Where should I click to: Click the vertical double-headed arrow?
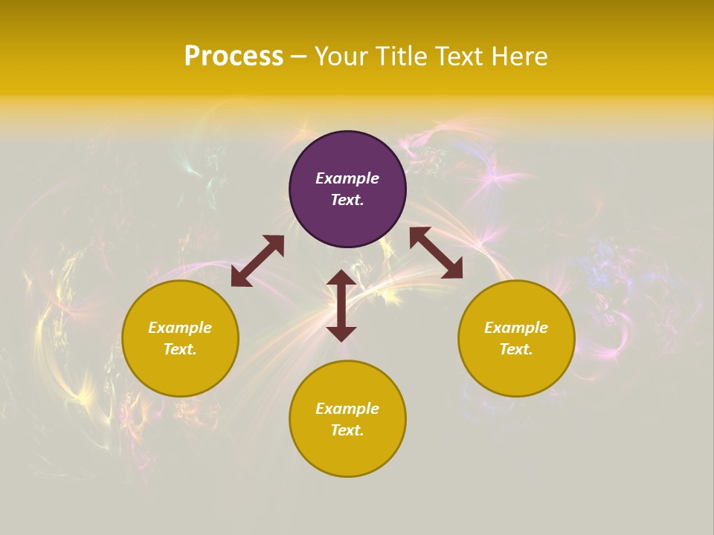(341, 305)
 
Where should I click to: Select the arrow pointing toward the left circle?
(257, 261)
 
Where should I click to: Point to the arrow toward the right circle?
(436, 253)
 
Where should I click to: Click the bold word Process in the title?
(234, 56)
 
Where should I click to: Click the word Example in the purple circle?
(347, 178)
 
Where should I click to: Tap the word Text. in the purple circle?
(347, 200)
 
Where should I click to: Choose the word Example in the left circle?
(180, 328)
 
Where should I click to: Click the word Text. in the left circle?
(180, 349)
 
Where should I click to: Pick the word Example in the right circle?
(516, 328)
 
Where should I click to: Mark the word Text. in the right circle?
(516, 349)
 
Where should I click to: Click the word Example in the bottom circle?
(347, 409)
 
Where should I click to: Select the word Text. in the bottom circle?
(347, 430)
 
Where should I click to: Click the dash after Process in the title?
(299, 56)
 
